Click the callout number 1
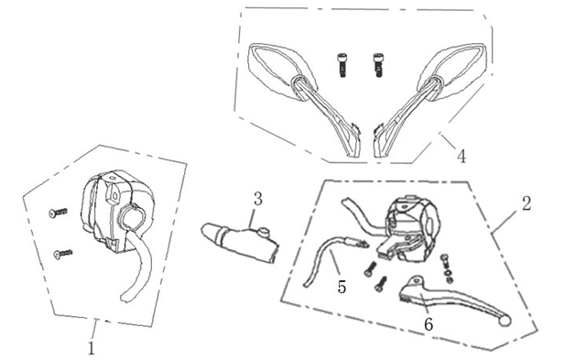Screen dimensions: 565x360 click(92, 348)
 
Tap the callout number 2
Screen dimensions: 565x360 click(527, 204)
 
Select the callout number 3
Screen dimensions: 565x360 click(257, 199)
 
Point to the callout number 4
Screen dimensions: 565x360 click(462, 157)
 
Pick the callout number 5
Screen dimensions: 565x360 click(342, 288)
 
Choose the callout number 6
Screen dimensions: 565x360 click(429, 324)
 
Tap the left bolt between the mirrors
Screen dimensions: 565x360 click(342, 65)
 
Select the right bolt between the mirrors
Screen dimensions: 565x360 click(377, 65)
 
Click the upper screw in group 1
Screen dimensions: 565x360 click(58, 213)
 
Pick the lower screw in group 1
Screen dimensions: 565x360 click(62, 255)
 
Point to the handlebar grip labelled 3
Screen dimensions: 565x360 click(239, 241)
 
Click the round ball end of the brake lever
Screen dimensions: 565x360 click(505, 321)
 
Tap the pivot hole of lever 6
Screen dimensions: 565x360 click(418, 280)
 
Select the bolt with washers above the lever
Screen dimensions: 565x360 click(447, 268)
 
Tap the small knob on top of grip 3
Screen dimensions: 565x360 click(265, 232)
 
